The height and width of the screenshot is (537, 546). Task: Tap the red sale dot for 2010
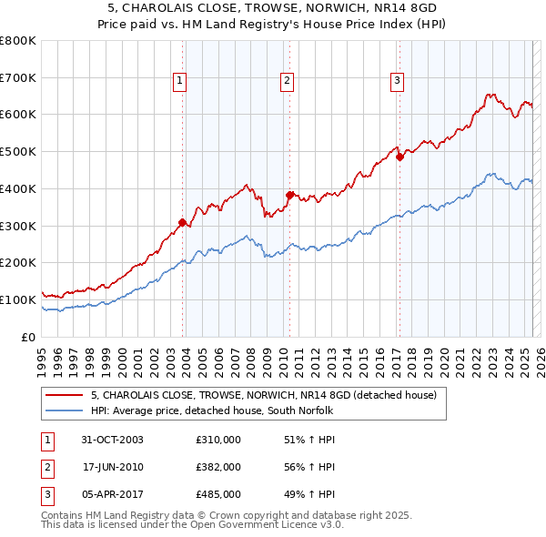pos(289,195)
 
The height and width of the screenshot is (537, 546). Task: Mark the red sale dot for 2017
pos(399,157)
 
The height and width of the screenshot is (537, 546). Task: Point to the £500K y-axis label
pos(18,152)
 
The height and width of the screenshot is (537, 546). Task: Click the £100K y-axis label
pos(18,299)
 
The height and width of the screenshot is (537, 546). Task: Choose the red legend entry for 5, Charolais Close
pos(264,395)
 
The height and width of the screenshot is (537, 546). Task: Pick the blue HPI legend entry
pos(212,410)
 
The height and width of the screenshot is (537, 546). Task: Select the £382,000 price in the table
pos(218,467)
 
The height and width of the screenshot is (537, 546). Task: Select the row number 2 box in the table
pos(45,467)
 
